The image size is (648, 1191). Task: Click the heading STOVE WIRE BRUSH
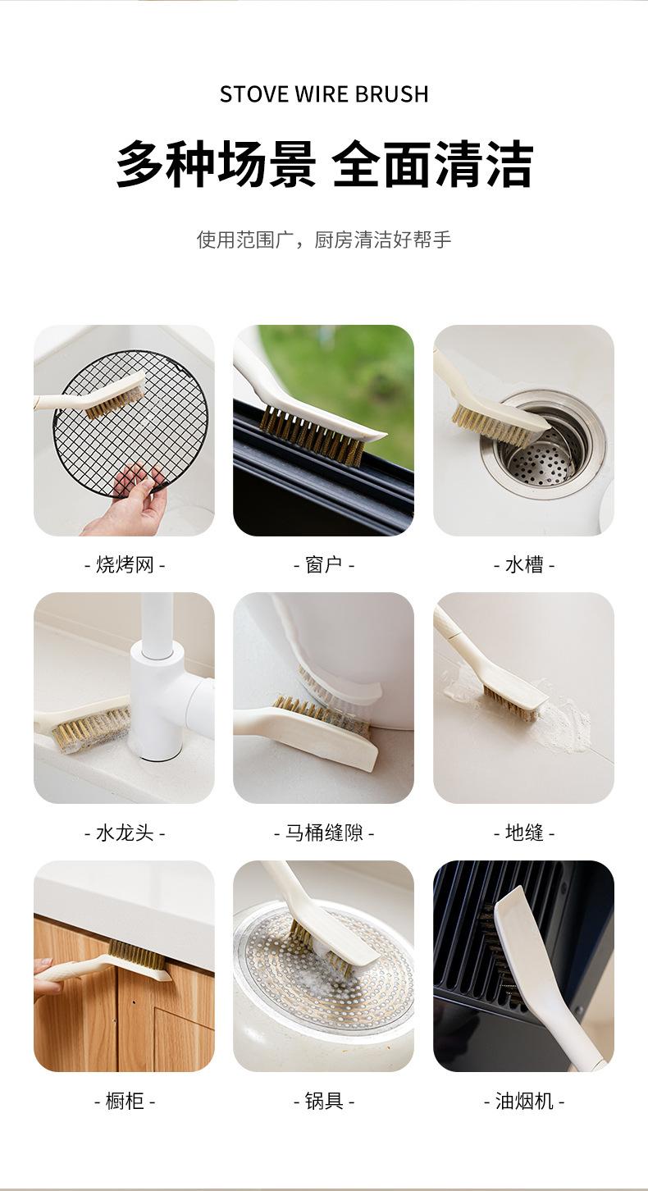[324, 94]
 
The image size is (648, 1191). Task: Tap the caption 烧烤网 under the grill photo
[125, 564]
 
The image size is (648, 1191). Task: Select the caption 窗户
[324, 564]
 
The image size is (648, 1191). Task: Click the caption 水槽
[524, 564]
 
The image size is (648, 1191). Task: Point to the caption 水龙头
[125, 832]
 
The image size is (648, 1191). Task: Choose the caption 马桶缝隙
[324, 832]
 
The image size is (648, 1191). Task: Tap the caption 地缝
[524, 832]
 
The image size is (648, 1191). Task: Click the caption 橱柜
[125, 1100]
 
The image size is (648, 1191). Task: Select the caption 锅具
[324, 1100]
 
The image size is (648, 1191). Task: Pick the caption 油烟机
[524, 1100]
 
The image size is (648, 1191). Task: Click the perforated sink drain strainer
[540, 457]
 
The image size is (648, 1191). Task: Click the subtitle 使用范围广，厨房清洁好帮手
[324, 240]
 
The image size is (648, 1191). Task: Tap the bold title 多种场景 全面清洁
[324, 163]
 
